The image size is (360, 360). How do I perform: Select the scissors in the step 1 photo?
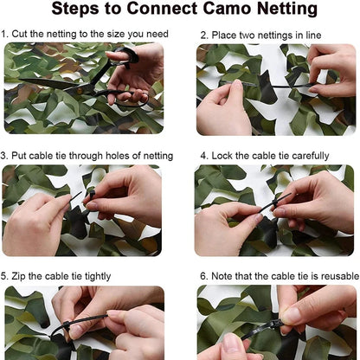click(87, 78)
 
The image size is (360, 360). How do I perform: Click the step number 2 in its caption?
click(203, 35)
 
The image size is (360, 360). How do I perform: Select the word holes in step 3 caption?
click(119, 156)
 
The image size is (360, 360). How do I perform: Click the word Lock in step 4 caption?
click(224, 156)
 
